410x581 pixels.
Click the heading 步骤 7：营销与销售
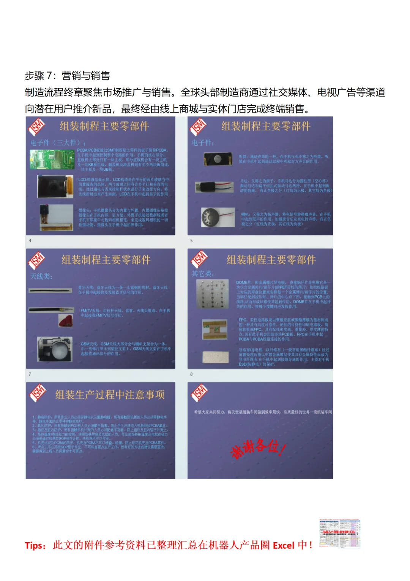[67, 76]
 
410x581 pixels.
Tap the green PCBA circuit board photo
[52, 159]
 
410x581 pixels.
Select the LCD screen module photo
[55, 187]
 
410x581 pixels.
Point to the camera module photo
[56, 217]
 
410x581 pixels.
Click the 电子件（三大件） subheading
[58, 143]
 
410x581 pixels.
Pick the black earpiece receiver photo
[218, 159]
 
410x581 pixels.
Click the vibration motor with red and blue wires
[214, 186]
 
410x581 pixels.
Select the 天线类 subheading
[41, 276]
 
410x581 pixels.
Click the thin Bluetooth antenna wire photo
[50, 290]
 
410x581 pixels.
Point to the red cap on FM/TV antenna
[66, 320]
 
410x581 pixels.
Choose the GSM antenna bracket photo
[55, 349]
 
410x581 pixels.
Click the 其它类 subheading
[203, 274]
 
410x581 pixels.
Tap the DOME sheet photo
[213, 294]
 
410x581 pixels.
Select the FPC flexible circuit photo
[215, 329]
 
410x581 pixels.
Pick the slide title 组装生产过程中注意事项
[110, 395]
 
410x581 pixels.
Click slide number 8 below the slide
[191, 375]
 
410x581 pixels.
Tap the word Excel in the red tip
[284, 546]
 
